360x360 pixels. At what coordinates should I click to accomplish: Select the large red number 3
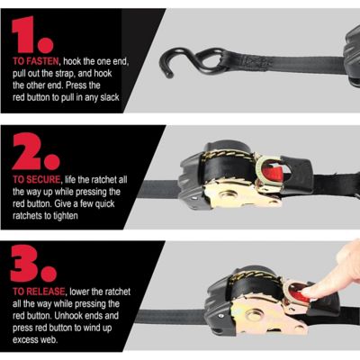tap(34, 265)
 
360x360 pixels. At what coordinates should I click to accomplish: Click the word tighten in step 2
tap(101, 217)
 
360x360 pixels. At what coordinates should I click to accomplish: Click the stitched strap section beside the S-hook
tap(256, 62)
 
